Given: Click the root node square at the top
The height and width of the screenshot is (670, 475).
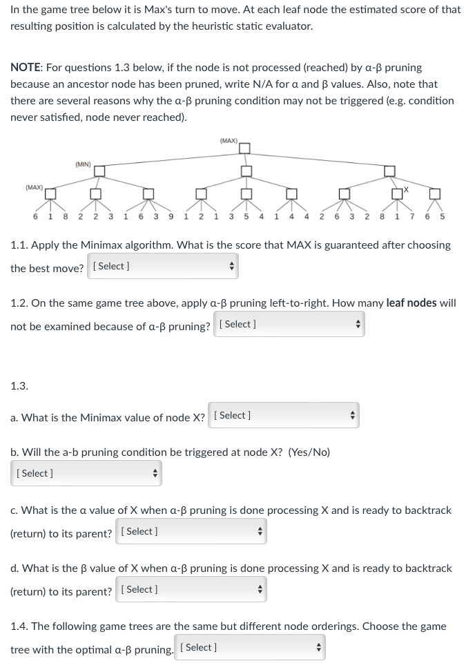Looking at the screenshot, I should [244, 147].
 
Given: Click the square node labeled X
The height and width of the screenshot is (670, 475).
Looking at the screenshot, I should [396, 193].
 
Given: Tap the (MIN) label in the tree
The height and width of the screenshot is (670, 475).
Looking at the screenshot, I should [83, 164].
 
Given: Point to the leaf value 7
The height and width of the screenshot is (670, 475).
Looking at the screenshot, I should [412, 216].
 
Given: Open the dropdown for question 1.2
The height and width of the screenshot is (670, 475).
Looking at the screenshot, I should [289, 325].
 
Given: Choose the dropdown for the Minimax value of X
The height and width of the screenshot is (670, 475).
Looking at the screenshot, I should [283, 416].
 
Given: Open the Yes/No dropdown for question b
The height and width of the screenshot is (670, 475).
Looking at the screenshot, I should [86, 474].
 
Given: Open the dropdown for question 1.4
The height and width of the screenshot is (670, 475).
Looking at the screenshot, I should [249, 648].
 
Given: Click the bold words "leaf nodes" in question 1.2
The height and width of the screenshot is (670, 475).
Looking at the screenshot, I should [411, 303].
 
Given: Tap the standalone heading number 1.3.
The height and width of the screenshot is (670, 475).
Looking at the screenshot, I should [19, 386].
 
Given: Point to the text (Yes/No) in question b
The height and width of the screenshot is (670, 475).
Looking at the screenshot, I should [309, 452].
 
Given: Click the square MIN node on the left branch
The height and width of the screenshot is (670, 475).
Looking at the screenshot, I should [99, 171].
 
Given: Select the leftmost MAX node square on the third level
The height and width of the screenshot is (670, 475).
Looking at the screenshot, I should [50, 193].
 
